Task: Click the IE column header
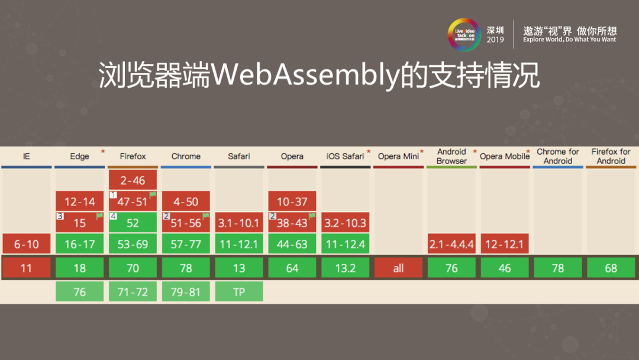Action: (26, 156)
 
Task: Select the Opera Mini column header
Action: (398, 156)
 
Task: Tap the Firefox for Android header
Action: (611, 156)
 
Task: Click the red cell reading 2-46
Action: (133, 180)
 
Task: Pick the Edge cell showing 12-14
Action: (80, 201)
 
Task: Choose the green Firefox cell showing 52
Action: (133, 223)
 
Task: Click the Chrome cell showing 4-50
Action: (186, 201)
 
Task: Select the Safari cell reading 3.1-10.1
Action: (239, 223)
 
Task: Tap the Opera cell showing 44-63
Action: (292, 244)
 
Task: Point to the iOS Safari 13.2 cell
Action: (346, 268)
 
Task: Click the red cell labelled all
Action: (398, 268)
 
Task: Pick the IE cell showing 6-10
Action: (26, 244)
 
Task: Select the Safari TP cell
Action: (239, 291)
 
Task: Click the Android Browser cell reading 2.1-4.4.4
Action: (451, 244)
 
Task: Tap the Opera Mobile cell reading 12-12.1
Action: (505, 244)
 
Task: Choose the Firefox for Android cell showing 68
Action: (611, 268)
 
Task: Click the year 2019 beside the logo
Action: (495, 40)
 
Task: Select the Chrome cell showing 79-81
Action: (186, 291)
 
